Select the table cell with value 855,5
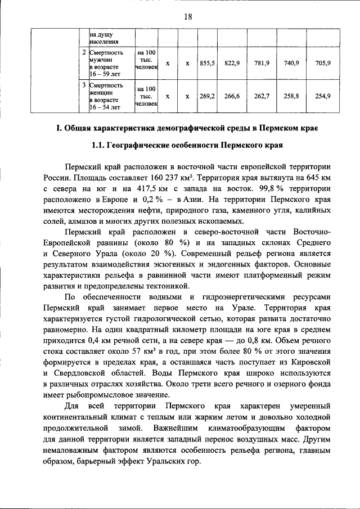pyautogui.click(x=207, y=63)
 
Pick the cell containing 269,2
pyautogui.click(x=207, y=96)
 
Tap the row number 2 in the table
pyautogui.click(x=84, y=53)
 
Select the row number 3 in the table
pyautogui.click(x=84, y=85)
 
